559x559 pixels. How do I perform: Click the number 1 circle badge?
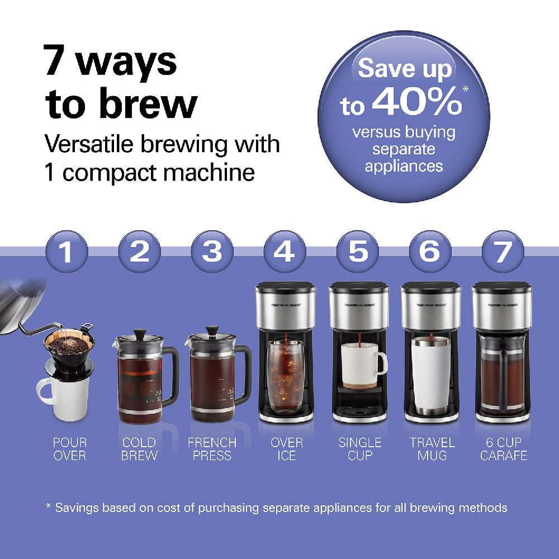click(67, 252)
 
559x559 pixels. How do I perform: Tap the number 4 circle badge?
click(284, 252)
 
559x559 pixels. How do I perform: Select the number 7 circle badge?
click(501, 252)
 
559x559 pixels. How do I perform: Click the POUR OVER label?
click(69, 449)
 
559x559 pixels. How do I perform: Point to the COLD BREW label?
click(139, 449)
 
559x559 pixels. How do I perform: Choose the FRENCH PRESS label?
click(212, 449)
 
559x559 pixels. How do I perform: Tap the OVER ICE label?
click(287, 449)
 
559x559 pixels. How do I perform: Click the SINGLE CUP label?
click(359, 449)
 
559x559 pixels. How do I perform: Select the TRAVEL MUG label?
click(432, 449)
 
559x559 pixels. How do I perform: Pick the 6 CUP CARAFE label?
click(504, 449)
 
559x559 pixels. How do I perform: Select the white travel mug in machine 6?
click(431, 378)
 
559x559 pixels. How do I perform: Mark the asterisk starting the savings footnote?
click(48, 506)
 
